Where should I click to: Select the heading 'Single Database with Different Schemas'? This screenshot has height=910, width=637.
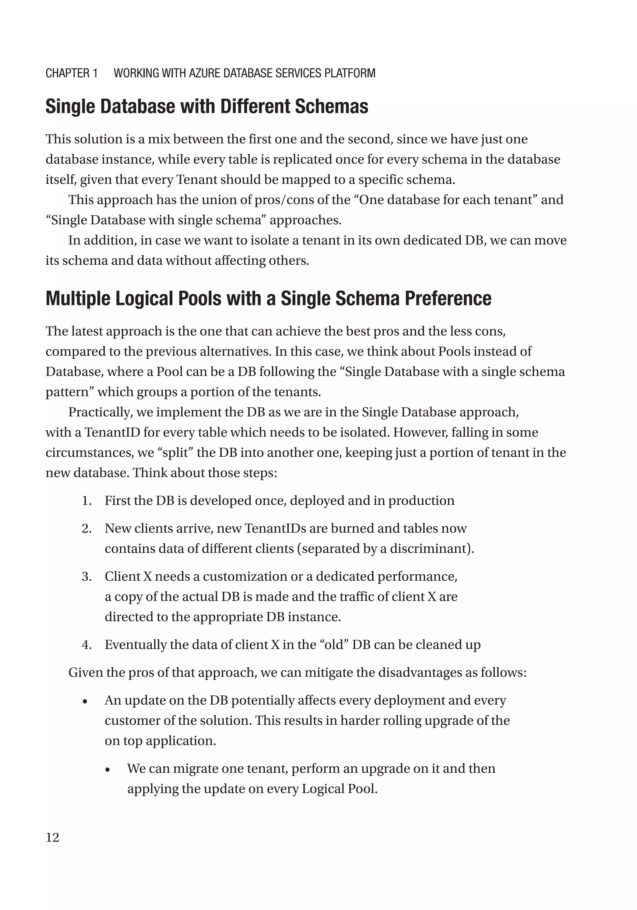207,106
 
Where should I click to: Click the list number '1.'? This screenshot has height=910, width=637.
87,501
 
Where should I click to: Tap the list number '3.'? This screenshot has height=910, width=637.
87,576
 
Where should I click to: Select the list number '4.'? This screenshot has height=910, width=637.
87,644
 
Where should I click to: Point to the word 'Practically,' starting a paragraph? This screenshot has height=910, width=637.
101,412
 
